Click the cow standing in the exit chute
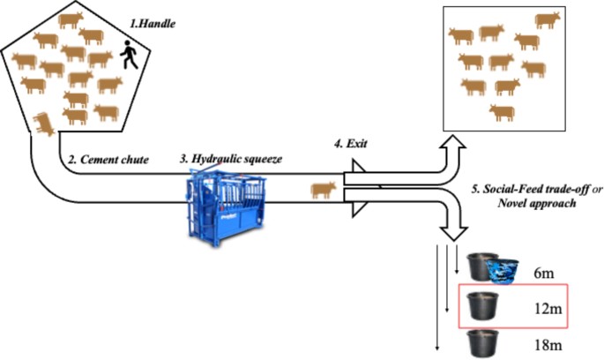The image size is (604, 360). click(322, 188)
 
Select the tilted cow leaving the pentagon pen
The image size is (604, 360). click(41, 124)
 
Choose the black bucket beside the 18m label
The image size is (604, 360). click(482, 341)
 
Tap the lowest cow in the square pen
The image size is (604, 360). click(502, 112)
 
